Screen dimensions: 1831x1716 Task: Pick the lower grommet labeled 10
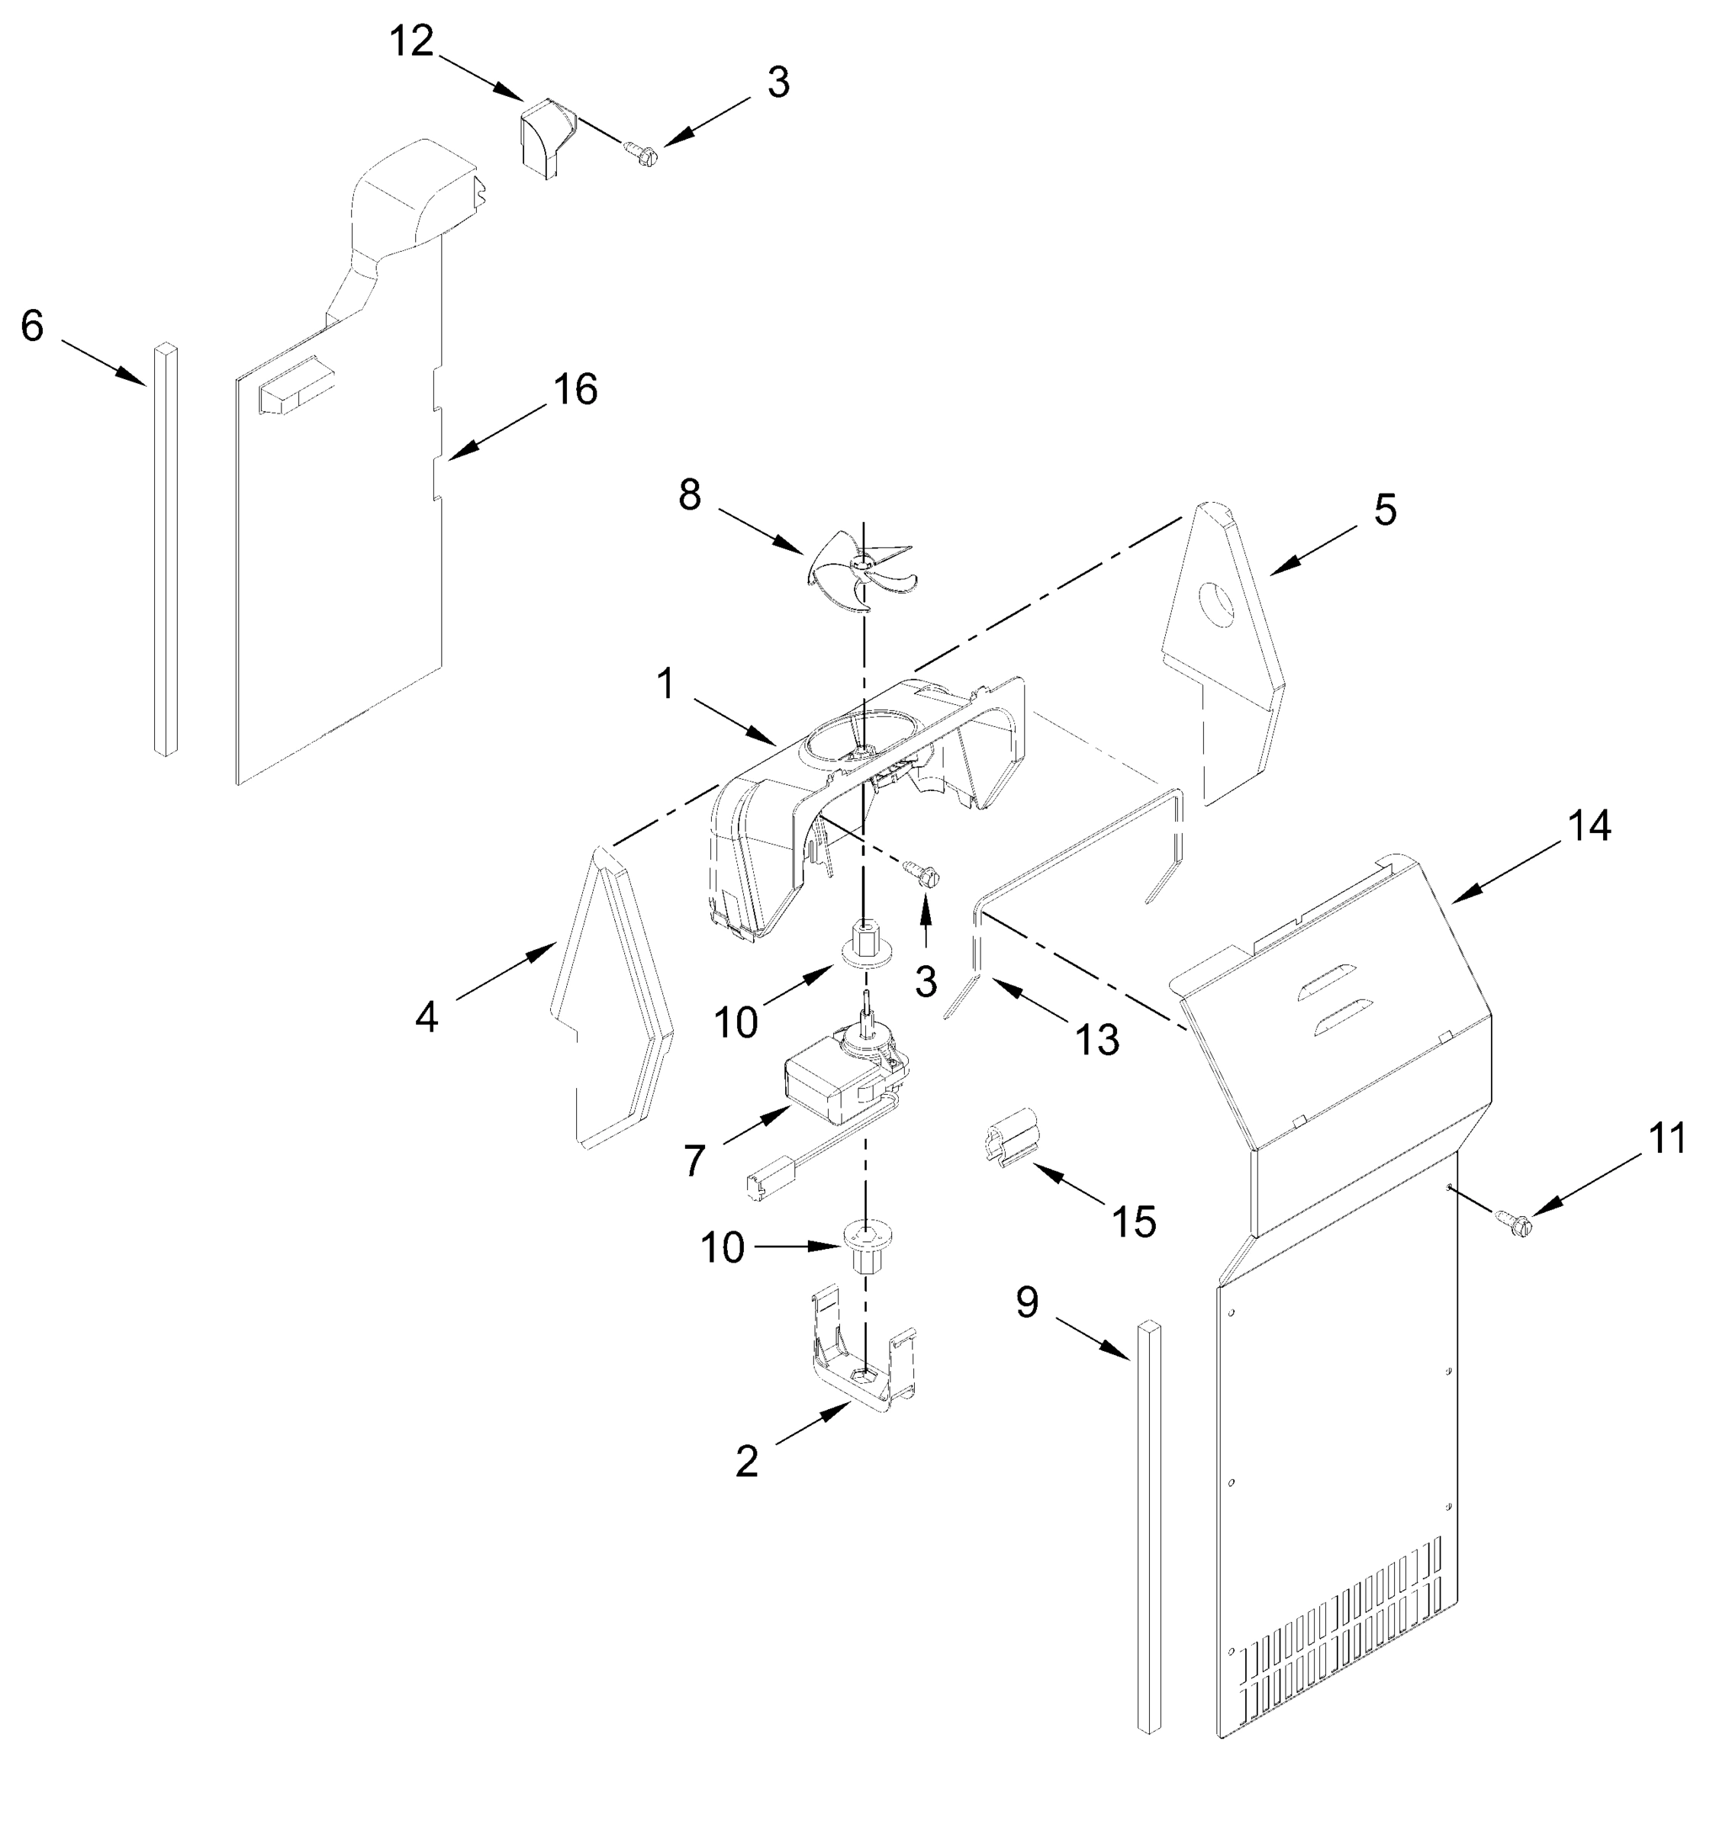click(866, 1244)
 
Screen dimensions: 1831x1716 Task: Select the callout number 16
click(575, 390)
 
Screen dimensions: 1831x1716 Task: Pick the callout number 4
click(426, 1018)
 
